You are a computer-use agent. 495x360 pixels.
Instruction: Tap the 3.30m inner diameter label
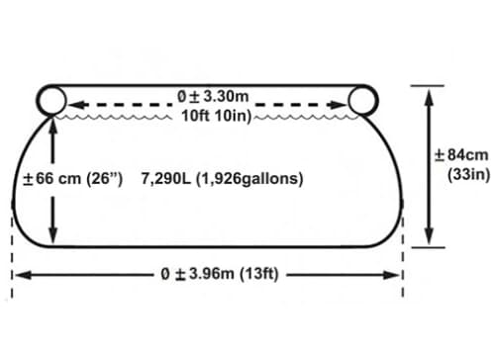click(213, 97)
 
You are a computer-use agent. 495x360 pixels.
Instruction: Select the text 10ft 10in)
click(217, 116)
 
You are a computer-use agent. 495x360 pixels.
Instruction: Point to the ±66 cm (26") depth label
click(72, 179)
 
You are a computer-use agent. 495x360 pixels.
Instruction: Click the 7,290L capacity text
click(166, 179)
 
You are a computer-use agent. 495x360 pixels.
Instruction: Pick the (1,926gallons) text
click(249, 180)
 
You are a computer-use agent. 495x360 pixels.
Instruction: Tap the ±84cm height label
click(461, 155)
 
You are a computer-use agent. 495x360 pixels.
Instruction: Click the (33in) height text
click(468, 174)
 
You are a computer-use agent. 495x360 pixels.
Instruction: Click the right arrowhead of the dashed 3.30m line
click(338, 105)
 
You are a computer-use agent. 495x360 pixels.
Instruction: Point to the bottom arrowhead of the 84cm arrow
click(429, 236)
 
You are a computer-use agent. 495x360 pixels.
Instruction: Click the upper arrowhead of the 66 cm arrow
click(52, 125)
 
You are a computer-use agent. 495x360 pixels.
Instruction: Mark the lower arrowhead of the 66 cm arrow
click(52, 236)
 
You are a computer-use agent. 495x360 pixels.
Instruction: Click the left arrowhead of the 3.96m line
click(23, 275)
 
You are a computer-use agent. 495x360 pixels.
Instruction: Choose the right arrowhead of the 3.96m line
click(391, 275)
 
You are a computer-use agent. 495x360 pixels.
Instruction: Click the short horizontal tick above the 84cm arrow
click(428, 85)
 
